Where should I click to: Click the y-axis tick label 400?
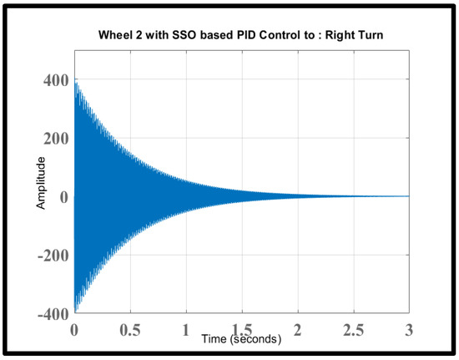[x=52, y=80]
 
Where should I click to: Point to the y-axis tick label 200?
[x=52, y=139]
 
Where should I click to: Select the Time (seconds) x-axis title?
[x=242, y=339]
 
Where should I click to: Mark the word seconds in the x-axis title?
[x=255, y=339]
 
